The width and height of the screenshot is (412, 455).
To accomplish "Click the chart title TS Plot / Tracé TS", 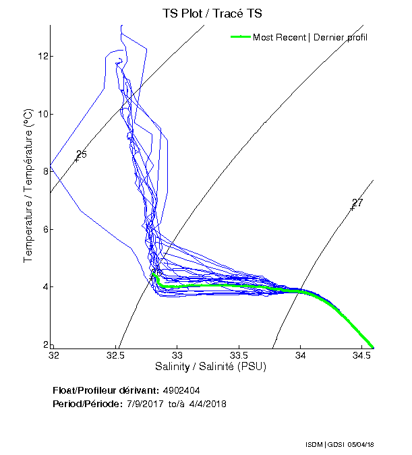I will (x=212, y=13).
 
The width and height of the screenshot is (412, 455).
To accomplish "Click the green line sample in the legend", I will (x=240, y=37).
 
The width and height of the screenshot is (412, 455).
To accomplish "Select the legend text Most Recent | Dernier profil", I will (x=310, y=37).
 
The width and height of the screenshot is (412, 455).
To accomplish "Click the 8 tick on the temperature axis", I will (x=44, y=171).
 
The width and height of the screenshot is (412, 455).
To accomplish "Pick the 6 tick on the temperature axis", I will (x=44, y=229).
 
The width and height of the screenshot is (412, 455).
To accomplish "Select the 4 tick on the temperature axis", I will (x=44, y=287).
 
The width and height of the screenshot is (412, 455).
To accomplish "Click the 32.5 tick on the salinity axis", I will (x=116, y=355).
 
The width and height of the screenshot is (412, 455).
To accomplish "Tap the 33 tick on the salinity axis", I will (x=178, y=355).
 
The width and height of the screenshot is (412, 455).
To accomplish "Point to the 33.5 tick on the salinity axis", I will (x=239, y=355).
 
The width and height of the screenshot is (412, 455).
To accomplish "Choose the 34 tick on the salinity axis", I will (x=301, y=355).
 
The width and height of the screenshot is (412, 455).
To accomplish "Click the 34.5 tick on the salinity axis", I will (x=362, y=355).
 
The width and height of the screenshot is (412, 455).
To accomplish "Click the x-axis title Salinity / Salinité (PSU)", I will (x=211, y=367).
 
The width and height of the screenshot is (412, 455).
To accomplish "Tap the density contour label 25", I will (x=82, y=155).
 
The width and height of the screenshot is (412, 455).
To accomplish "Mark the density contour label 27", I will (x=357, y=203).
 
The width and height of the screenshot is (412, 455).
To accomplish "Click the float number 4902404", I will (x=181, y=390).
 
